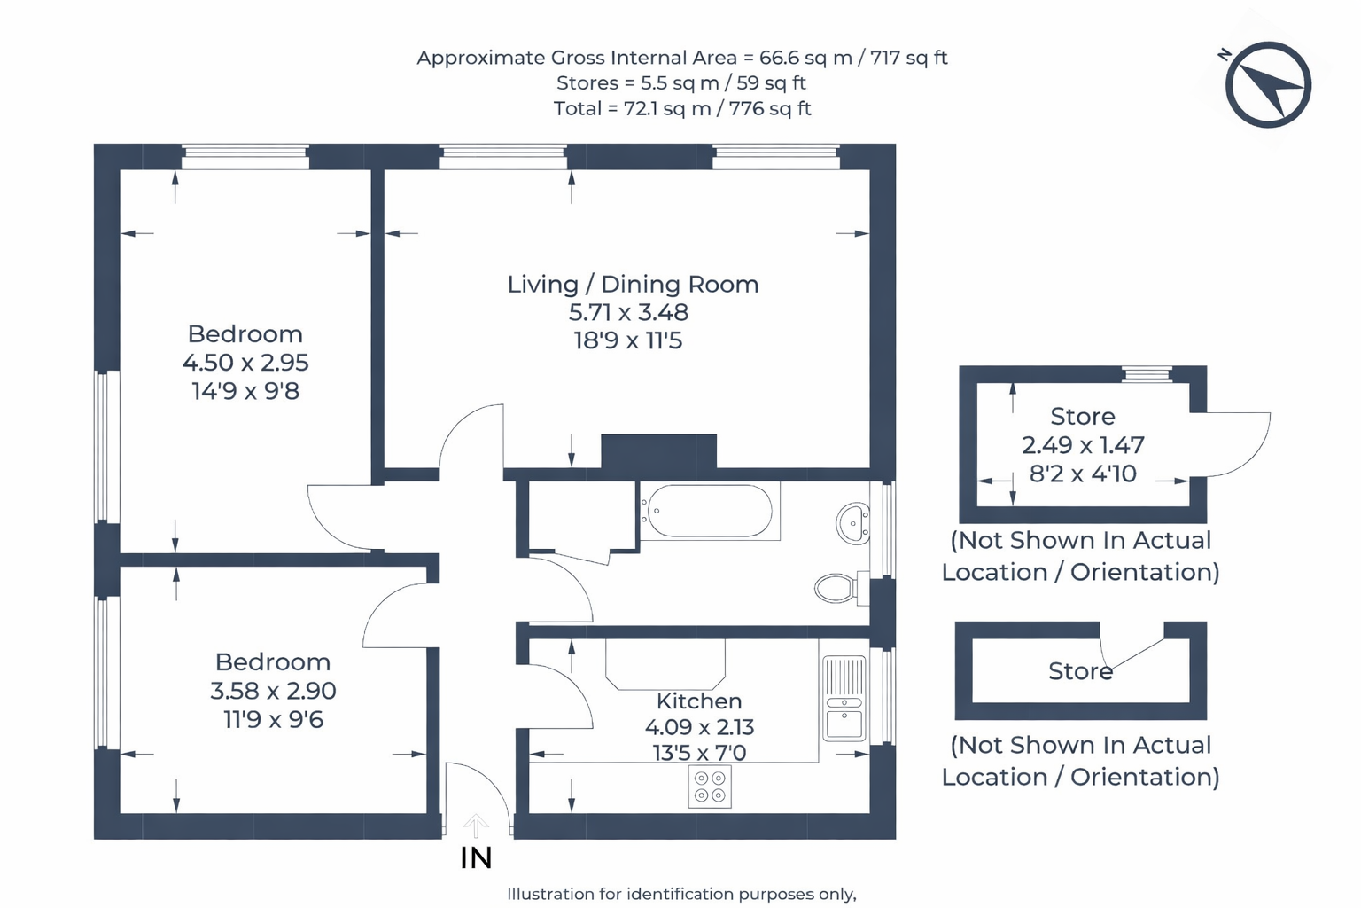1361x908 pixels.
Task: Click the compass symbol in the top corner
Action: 1268,85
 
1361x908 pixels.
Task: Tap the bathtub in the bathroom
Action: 709,511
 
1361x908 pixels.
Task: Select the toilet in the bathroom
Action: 838,587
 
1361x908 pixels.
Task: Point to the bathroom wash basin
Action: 852,523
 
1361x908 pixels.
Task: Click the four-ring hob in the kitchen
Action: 710,787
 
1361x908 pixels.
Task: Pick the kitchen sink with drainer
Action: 844,699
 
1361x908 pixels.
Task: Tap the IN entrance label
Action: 476,857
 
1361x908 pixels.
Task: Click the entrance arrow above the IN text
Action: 476,826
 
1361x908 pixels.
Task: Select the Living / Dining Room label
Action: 633,285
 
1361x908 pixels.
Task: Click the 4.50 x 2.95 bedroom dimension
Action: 245,363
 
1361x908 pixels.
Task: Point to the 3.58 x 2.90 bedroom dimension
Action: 273,691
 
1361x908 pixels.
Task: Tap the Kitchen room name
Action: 699,701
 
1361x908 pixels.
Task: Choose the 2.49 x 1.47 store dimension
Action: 1083,445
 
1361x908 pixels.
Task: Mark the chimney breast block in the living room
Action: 658,451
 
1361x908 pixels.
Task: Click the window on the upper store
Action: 1147,374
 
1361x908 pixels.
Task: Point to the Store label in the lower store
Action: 1080,671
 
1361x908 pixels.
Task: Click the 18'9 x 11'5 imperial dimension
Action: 628,341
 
